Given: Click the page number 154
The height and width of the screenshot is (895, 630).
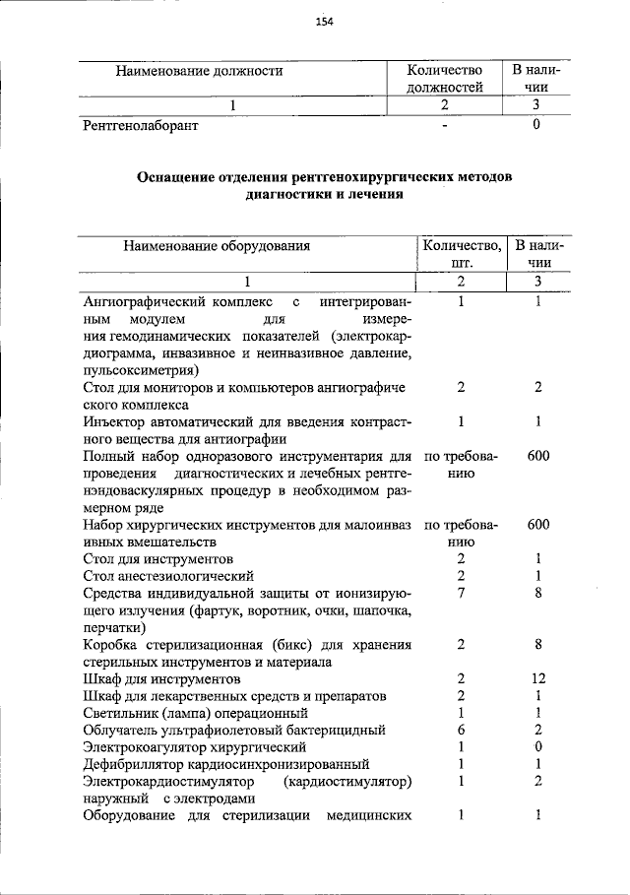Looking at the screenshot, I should click(325, 23).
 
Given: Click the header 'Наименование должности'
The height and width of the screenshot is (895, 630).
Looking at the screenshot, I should click(200, 71).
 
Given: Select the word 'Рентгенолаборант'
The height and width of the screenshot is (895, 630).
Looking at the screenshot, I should click(141, 126).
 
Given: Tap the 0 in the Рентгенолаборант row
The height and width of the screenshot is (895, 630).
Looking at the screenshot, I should click(536, 126).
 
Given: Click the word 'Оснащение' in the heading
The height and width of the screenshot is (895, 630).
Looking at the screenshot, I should click(174, 177).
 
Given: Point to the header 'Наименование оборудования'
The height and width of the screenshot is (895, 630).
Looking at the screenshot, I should click(217, 246).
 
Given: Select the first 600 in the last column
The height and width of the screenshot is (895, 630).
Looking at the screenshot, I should click(538, 456).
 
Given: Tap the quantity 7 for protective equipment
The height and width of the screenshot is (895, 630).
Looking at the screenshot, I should click(461, 593).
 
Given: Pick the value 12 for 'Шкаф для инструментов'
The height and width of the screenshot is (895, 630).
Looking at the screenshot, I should click(538, 679).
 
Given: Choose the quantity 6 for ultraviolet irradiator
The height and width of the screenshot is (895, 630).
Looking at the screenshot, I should click(461, 730).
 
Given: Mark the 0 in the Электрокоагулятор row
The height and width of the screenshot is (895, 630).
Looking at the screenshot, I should click(538, 747).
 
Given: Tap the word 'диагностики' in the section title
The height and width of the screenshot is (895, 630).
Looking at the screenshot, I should click(286, 195).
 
